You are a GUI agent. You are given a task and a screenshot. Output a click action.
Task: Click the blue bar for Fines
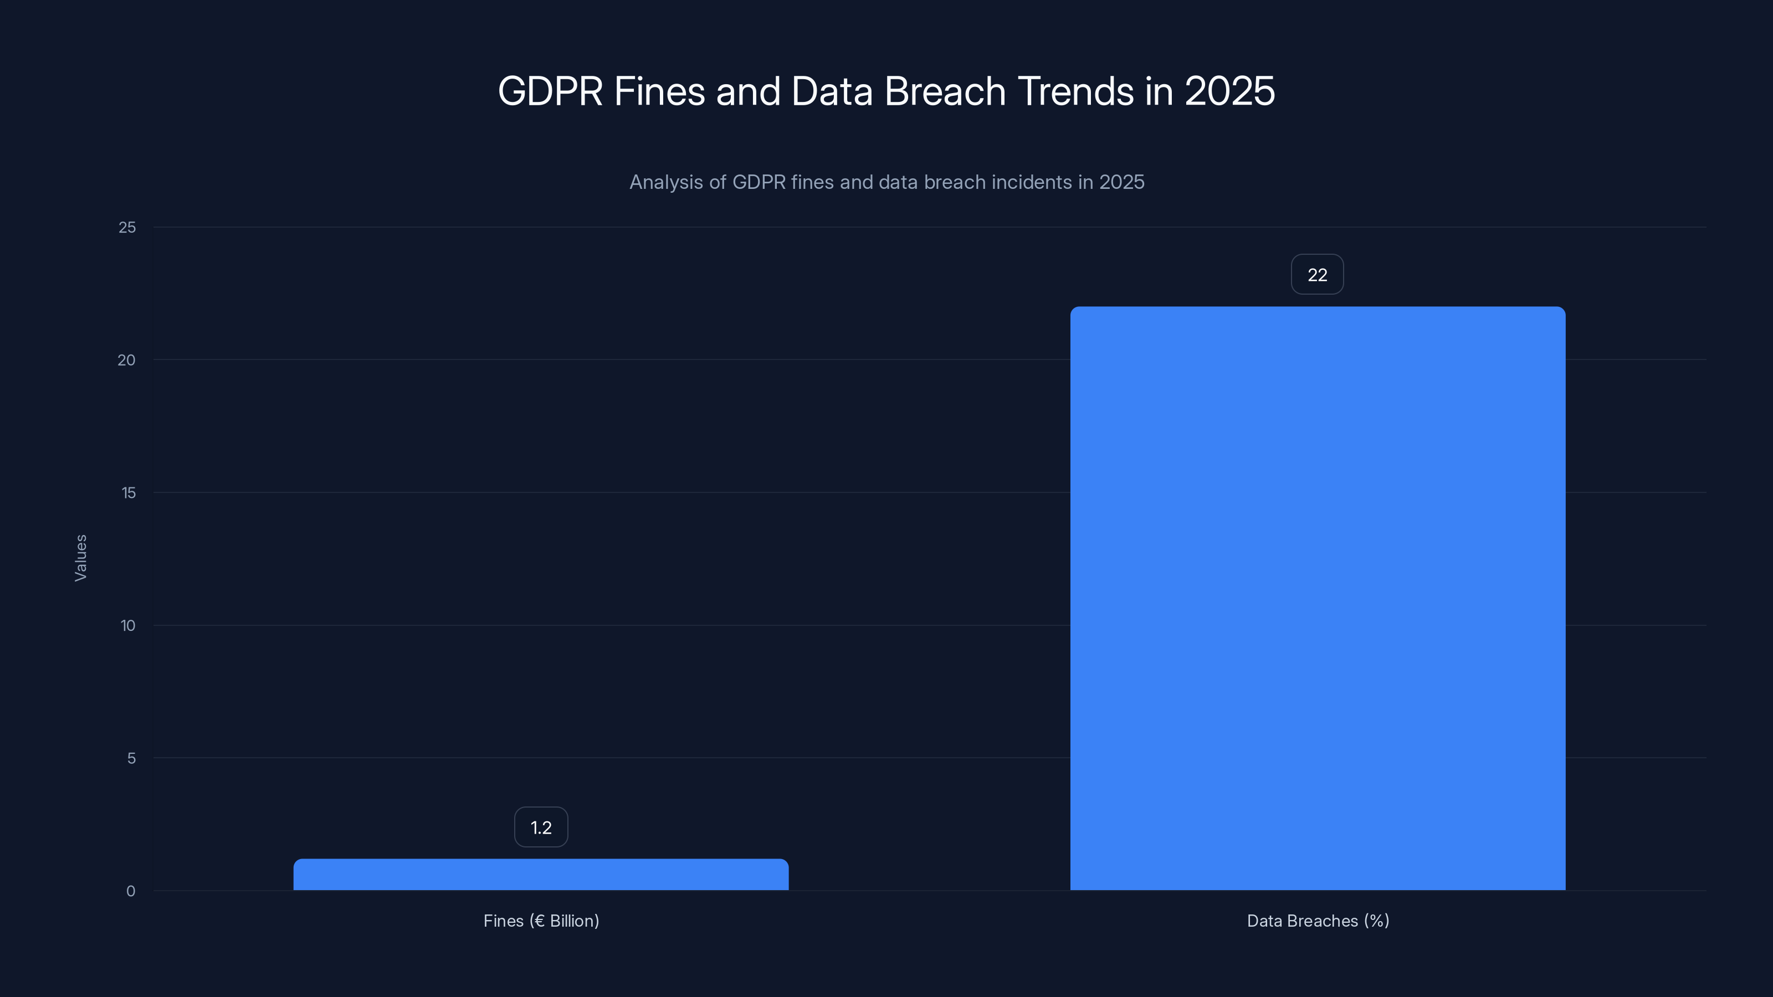click(x=541, y=875)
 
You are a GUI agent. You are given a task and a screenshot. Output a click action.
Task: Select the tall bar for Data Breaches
click(x=1318, y=599)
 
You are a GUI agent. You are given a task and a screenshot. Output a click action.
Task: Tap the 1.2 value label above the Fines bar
click(x=541, y=827)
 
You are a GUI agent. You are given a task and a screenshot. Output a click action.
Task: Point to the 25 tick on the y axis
click(x=127, y=227)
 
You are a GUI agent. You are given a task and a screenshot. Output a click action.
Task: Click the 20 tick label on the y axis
click(x=127, y=360)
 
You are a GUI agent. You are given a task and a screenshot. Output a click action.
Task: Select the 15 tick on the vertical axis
click(x=128, y=492)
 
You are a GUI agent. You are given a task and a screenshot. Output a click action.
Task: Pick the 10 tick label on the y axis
click(x=128, y=625)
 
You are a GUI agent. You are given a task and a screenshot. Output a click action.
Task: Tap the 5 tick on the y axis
click(x=131, y=758)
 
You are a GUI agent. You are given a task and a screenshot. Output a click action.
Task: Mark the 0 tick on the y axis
click(x=131, y=891)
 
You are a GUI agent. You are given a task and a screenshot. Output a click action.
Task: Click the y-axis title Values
click(x=80, y=558)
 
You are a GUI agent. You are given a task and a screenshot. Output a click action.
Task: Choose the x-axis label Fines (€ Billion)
click(x=541, y=921)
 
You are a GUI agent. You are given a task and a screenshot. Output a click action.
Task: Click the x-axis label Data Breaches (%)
click(x=1318, y=921)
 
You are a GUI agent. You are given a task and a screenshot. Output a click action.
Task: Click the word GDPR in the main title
click(x=551, y=91)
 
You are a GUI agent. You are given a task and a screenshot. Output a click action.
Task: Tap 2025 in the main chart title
click(x=1229, y=91)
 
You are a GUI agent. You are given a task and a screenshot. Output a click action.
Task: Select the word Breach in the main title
click(x=945, y=91)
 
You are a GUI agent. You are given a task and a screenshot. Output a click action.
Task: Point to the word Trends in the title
click(x=1076, y=91)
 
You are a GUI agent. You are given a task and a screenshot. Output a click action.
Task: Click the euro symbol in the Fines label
click(x=539, y=921)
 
